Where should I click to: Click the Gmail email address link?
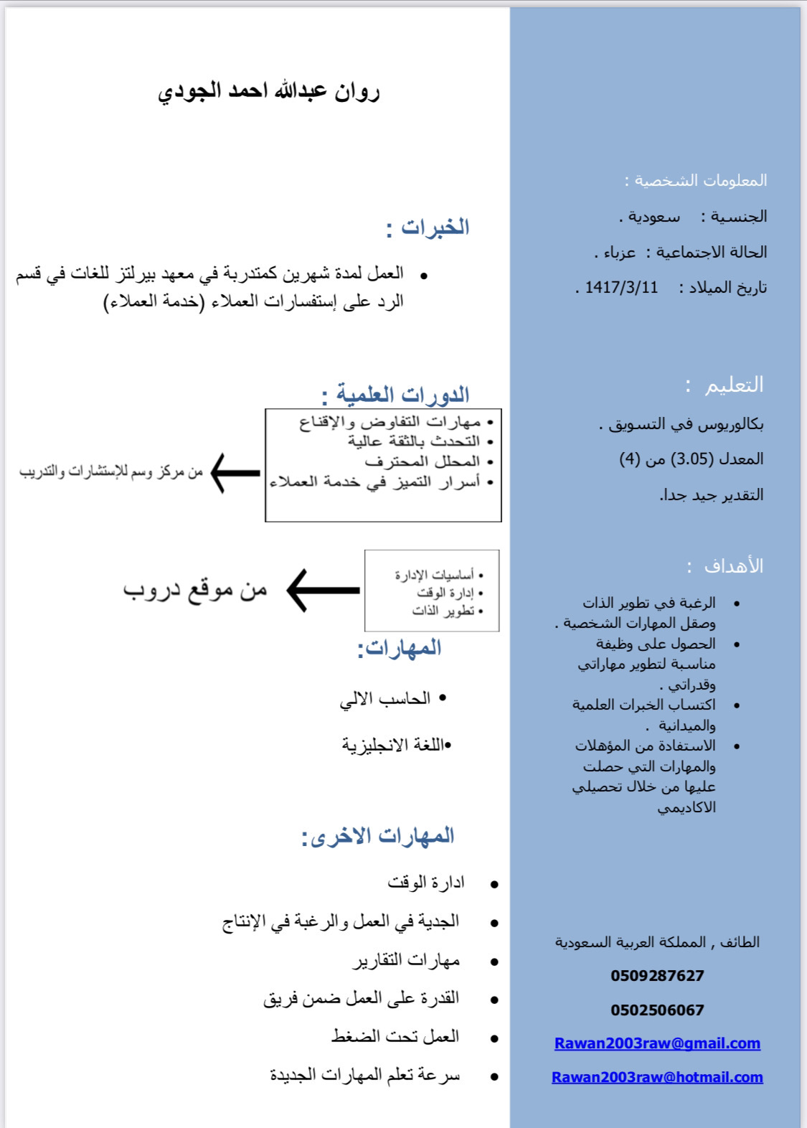(x=657, y=1043)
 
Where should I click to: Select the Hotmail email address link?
(x=657, y=1077)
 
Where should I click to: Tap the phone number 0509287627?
(x=657, y=976)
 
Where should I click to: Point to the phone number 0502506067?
(x=657, y=1010)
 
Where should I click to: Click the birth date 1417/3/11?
(x=621, y=288)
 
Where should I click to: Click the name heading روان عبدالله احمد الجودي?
(x=269, y=92)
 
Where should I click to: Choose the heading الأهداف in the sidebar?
(x=733, y=566)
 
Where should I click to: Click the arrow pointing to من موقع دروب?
(x=324, y=591)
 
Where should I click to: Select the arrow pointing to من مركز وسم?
(x=235, y=473)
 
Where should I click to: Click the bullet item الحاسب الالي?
(x=385, y=699)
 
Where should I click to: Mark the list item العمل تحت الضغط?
(x=395, y=1037)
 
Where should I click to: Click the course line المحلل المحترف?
(x=422, y=461)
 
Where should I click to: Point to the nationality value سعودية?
(x=653, y=217)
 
